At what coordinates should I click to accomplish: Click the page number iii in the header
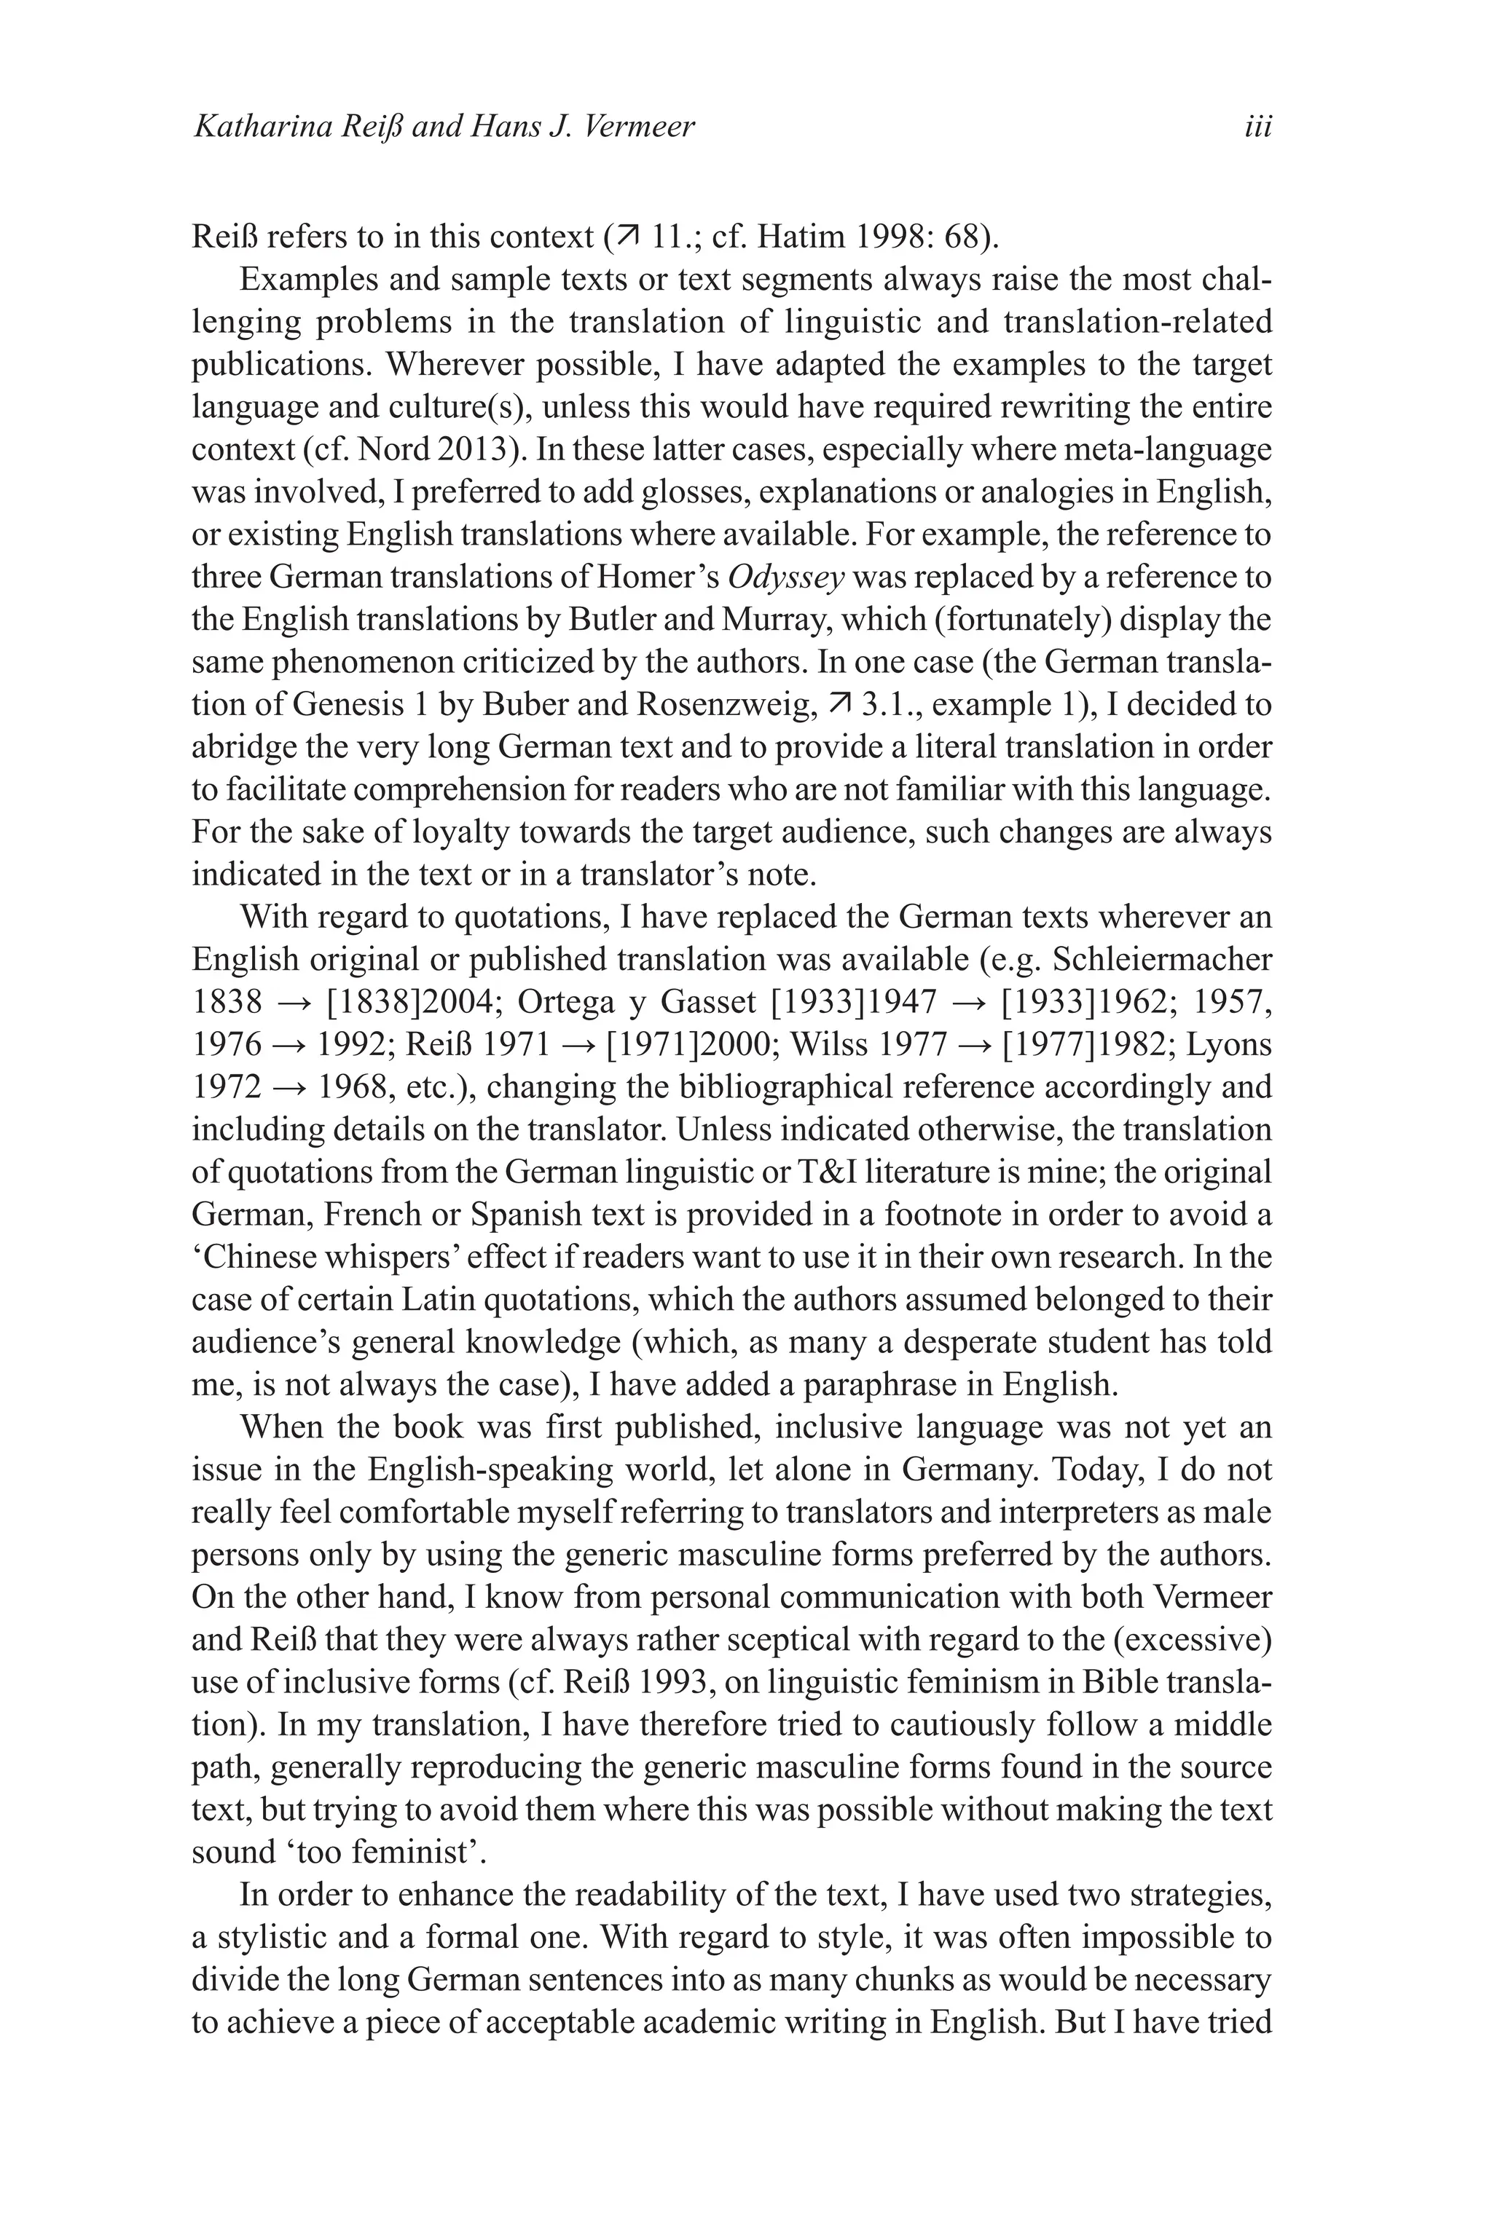(1258, 127)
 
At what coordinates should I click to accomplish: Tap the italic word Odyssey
(786, 577)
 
